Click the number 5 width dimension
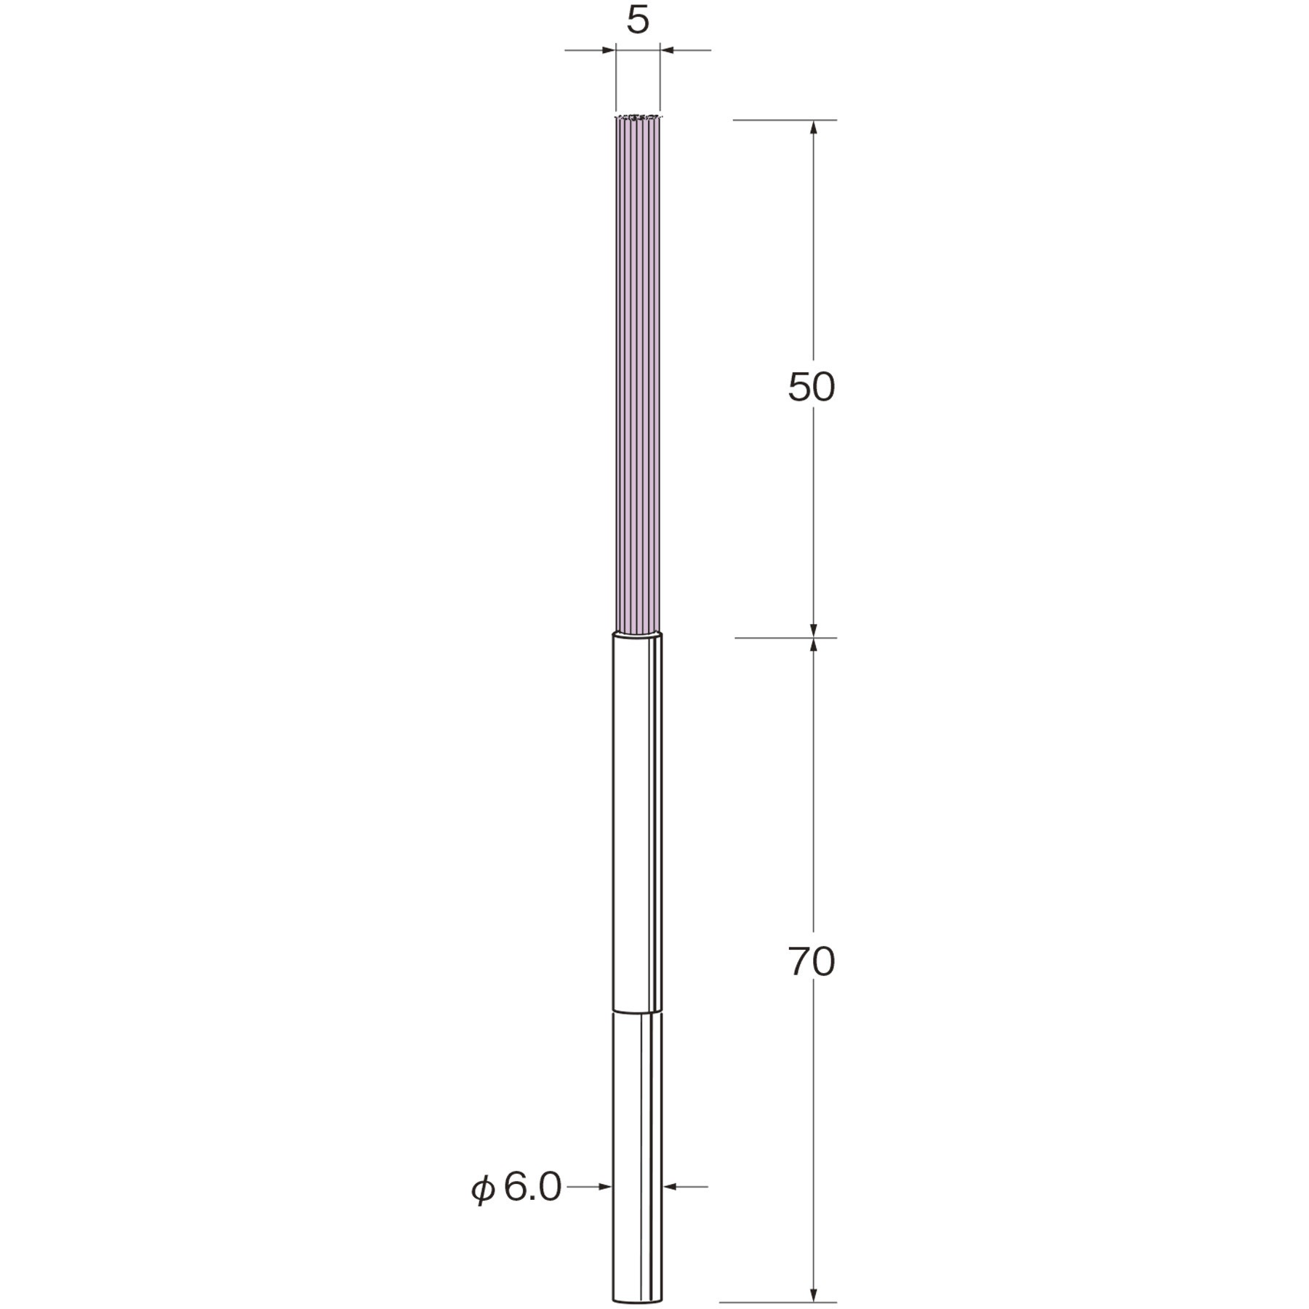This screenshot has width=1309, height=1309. tap(638, 21)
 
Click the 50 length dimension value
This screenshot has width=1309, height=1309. tap(812, 387)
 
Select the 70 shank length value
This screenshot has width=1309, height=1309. tap(812, 962)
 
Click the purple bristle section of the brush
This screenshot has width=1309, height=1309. tap(638, 375)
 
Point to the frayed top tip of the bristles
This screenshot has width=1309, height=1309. tap(638, 116)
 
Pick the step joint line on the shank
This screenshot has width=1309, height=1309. tap(638, 1012)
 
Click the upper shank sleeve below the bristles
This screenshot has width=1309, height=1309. tap(638, 822)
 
